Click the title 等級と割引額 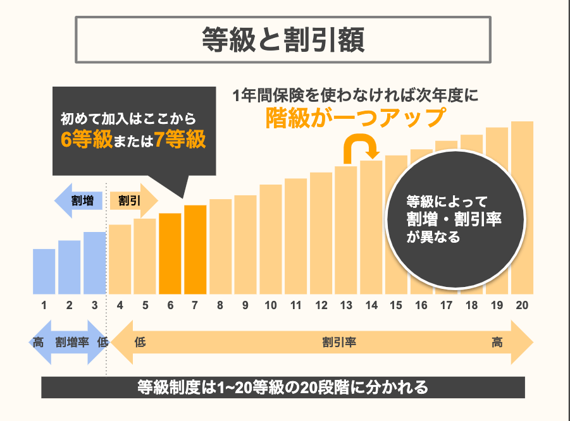pyautogui.click(x=284, y=39)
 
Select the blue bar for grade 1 pyautogui.click(x=44, y=272)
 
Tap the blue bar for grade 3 pyautogui.click(x=94, y=263)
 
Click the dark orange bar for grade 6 pyautogui.click(x=170, y=253)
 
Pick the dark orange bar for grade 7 pyautogui.click(x=195, y=250)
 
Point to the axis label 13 pyautogui.click(x=346, y=306)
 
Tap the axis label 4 pyautogui.click(x=120, y=306)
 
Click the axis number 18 pyautogui.click(x=471, y=306)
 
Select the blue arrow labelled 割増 pyautogui.click(x=79, y=201)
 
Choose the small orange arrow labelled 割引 pyautogui.click(x=133, y=201)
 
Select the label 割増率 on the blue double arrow pyautogui.click(x=71, y=343)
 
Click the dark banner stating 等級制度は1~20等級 pyautogui.click(x=283, y=387)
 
